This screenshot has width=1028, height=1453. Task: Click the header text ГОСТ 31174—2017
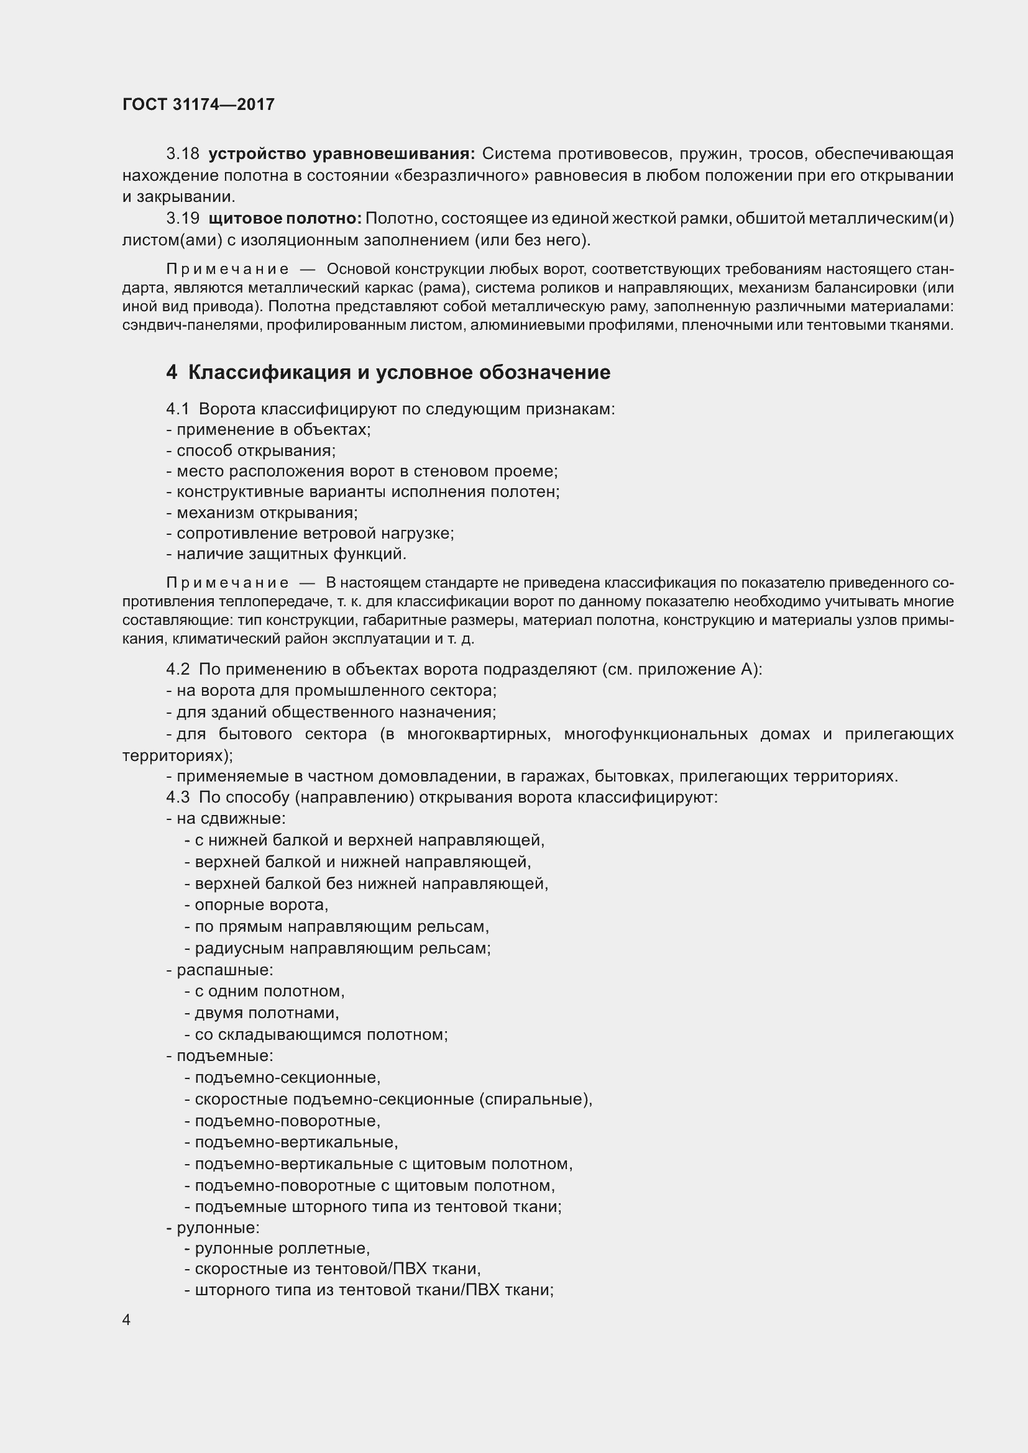pyautogui.click(x=198, y=104)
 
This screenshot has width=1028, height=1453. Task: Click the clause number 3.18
pyautogui.click(x=182, y=154)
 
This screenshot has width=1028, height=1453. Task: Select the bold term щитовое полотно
pyautogui.click(x=285, y=218)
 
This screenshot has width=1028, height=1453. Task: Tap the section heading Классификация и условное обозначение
pyautogui.click(x=399, y=372)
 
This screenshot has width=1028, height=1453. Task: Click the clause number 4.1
pyautogui.click(x=177, y=409)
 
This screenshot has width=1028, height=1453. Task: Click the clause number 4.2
pyautogui.click(x=177, y=669)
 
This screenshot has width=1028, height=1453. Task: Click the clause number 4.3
pyautogui.click(x=177, y=797)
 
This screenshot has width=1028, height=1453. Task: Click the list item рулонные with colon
pyautogui.click(x=218, y=1228)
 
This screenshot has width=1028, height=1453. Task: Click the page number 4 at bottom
pyautogui.click(x=126, y=1319)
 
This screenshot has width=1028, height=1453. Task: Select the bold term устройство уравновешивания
pyautogui.click(x=341, y=154)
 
